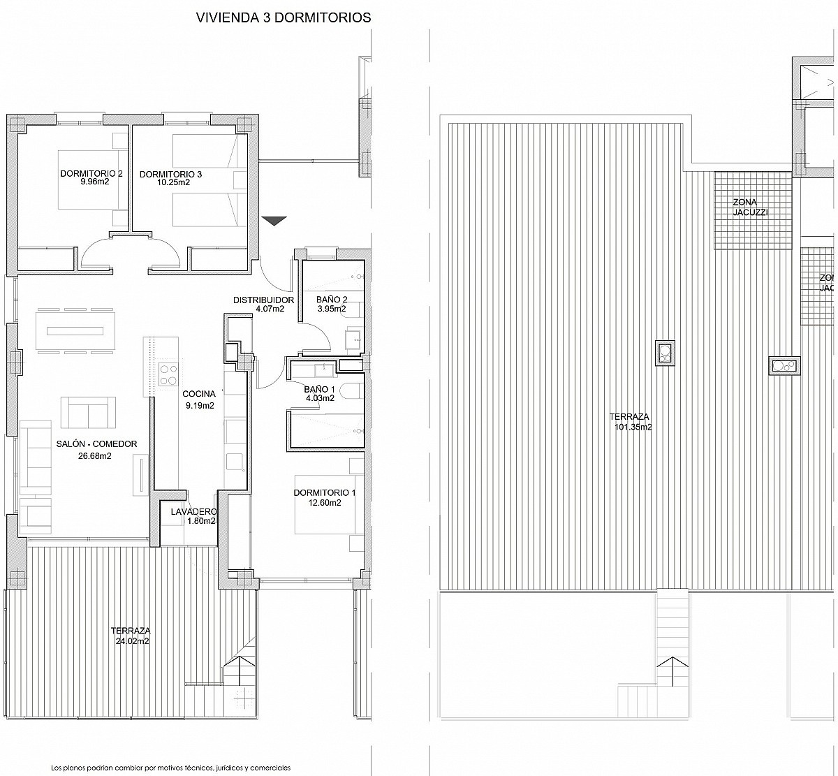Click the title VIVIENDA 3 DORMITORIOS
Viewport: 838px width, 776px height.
pos(284,17)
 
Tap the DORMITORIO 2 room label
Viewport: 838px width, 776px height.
pos(91,173)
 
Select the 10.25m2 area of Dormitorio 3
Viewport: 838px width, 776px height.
pos(173,182)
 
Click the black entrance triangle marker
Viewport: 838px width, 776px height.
pos(274,221)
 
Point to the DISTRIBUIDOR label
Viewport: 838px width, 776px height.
pos(264,300)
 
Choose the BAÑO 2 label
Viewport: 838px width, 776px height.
pos(332,300)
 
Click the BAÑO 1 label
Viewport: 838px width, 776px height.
pos(320,389)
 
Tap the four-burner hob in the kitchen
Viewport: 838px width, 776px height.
pos(168,374)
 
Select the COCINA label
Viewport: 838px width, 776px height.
pos(199,394)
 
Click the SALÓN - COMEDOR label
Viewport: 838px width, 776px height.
pos(96,444)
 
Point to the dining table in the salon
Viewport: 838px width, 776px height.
pos(75,331)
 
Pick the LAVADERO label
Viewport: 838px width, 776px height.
pos(194,512)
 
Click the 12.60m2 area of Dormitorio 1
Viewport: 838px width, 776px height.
pos(325,502)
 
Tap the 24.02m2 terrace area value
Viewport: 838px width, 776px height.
pos(133,641)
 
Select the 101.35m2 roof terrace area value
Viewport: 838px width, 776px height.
pos(633,427)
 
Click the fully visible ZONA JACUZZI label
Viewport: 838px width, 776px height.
pos(750,207)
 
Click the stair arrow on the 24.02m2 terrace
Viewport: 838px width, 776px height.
pos(240,664)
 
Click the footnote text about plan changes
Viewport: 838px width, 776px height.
pos(171,768)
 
